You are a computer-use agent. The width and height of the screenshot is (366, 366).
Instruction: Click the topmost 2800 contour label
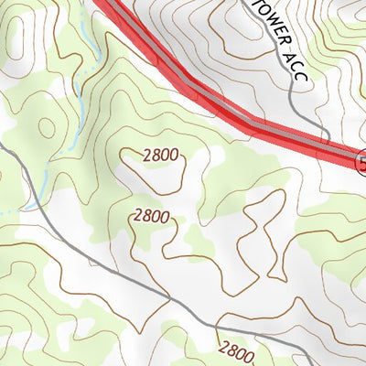[161, 156]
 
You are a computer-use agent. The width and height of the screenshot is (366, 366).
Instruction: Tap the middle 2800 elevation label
[151, 217]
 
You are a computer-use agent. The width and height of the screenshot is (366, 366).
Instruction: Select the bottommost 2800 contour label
[235, 350]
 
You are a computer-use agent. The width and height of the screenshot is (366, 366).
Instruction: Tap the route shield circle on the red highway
[362, 163]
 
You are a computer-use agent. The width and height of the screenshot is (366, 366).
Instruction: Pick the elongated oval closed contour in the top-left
[16, 37]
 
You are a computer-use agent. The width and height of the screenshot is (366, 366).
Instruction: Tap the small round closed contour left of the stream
[48, 128]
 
